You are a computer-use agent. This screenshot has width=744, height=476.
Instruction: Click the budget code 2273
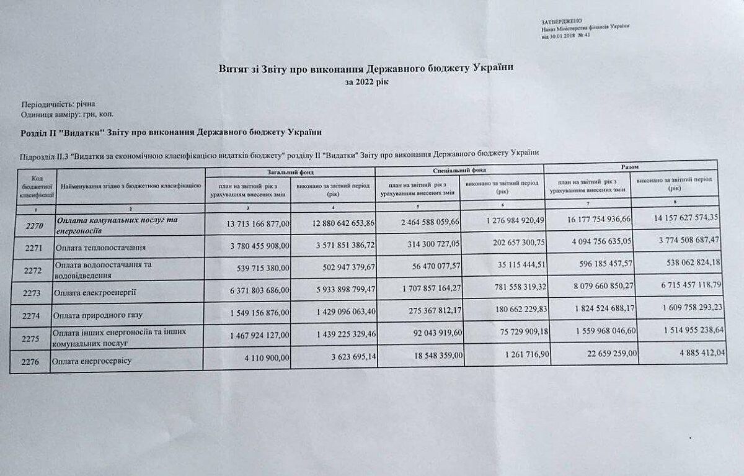point(32,290)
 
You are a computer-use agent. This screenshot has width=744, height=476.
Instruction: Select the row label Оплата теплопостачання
point(100,248)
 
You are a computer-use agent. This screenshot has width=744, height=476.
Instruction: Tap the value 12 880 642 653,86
point(335,223)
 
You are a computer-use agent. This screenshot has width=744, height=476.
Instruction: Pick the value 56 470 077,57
point(423,266)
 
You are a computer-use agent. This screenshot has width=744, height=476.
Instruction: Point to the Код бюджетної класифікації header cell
point(33,186)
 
